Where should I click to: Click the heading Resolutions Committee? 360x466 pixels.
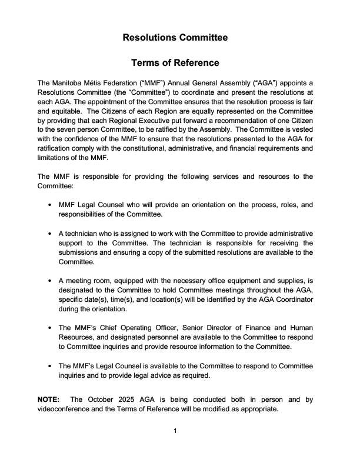coord(175,38)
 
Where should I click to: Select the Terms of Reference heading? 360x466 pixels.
coord(175,63)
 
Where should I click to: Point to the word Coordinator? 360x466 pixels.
coord(292,299)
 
